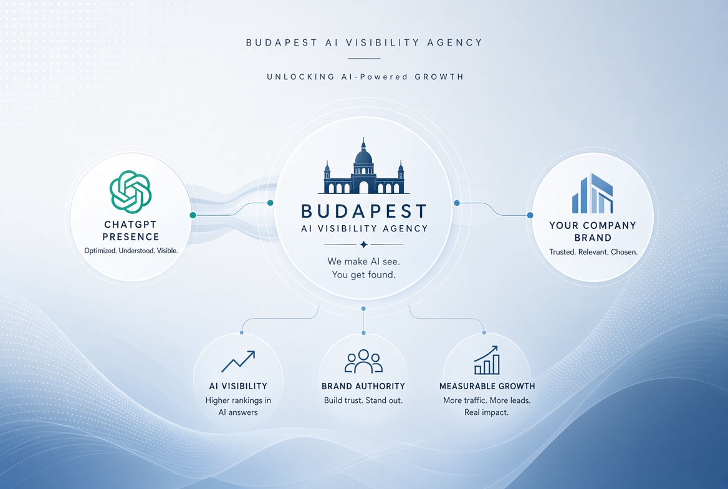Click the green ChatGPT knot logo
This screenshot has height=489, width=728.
click(130, 191)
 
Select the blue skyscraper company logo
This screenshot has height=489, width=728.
click(592, 193)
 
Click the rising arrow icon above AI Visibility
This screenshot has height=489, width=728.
click(238, 362)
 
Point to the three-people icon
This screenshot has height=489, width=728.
click(363, 361)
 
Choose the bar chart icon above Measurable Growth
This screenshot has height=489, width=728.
click(487, 361)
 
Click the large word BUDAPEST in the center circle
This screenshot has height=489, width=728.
click(364, 211)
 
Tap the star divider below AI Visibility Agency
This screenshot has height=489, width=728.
click(363, 244)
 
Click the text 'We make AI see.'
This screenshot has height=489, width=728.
click(363, 261)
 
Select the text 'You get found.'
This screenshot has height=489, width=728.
click(363, 274)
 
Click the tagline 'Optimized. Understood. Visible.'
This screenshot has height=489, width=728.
click(131, 251)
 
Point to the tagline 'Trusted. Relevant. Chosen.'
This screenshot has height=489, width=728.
click(593, 252)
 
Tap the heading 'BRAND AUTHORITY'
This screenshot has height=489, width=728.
click(363, 386)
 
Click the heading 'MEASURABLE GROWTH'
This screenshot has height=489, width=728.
click(487, 386)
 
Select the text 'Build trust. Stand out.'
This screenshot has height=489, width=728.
click(363, 400)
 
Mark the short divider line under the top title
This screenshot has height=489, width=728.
click(364, 59)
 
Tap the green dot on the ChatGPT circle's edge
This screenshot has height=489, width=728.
click(193, 215)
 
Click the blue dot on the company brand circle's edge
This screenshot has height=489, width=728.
click(530, 215)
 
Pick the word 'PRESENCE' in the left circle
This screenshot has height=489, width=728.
click(131, 237)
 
